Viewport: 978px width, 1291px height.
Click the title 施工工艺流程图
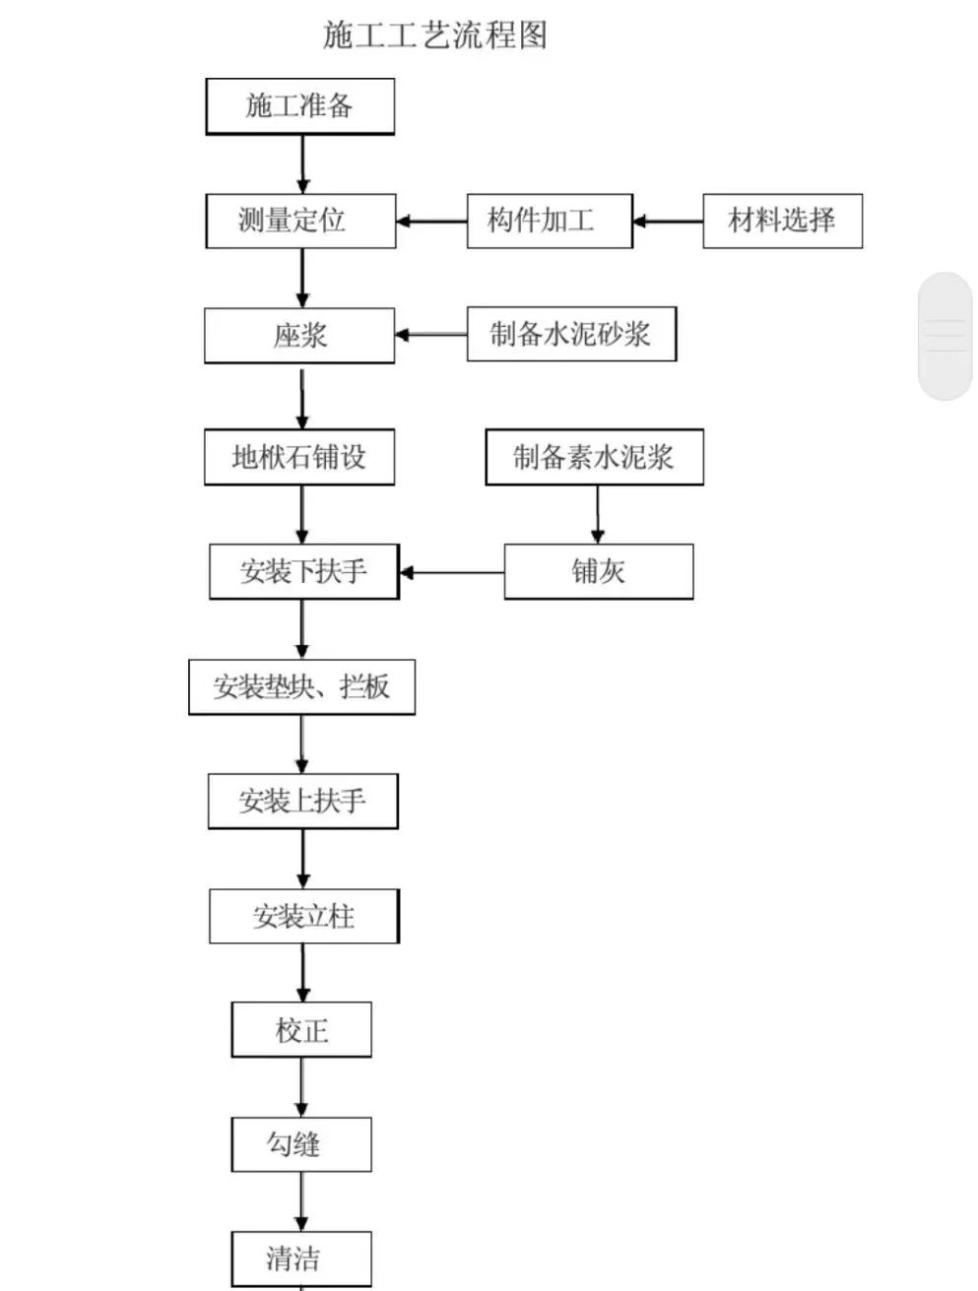click(434, 35)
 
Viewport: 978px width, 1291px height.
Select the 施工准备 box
click(299, 106)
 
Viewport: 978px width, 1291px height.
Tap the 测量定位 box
click(300, 221)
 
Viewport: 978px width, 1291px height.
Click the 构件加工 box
click(549, 221)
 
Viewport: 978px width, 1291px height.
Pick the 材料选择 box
click(782, 221)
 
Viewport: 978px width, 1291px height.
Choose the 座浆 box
click(299, 336)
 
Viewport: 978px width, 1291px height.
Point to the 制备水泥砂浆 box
click(571, 334)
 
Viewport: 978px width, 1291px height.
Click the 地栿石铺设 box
click(299, 457)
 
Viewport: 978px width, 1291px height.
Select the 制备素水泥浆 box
click(594, 457)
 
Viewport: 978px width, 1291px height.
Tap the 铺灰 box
click(598, 571)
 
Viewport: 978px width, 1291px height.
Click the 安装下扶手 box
click(303, 571)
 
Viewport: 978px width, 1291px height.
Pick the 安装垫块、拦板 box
click(301, 686)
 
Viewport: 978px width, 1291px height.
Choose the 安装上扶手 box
click(302, 801)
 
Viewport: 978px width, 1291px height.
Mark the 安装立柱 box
click(303, 917)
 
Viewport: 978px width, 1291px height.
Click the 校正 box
click(301, 1030)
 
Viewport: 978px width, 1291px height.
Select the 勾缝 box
click(301, 1144)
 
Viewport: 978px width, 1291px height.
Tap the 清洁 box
click(301, 1259)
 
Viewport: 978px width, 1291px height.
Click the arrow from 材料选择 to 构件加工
click(668, 222)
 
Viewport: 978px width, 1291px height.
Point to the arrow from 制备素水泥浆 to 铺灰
click(597, 513)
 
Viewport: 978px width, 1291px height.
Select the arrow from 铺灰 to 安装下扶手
click(452, 572)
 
